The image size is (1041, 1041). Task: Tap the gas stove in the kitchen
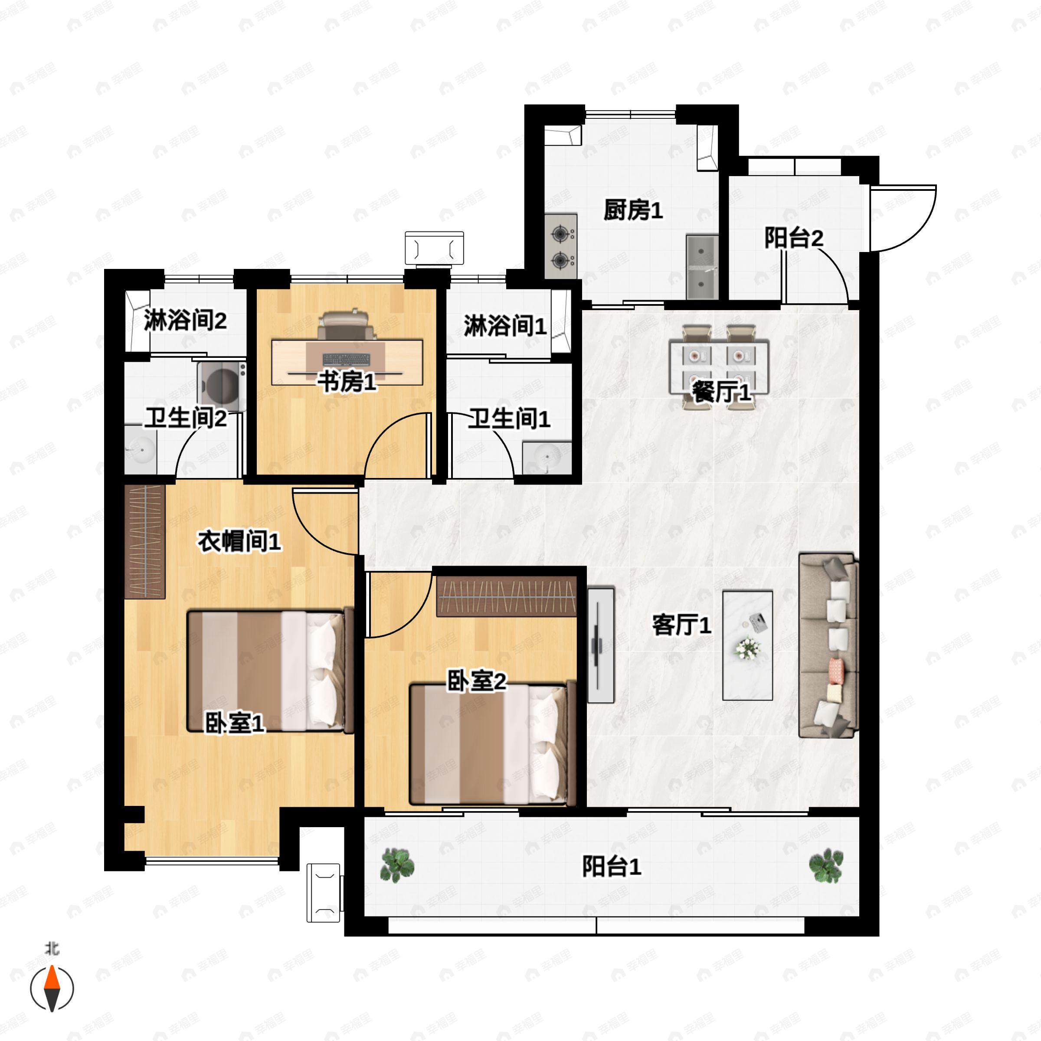click(560, 247)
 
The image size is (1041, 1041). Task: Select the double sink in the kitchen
click(702, 266)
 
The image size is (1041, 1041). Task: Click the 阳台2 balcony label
click(793, 238)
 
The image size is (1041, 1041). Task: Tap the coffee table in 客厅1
click(747, 645)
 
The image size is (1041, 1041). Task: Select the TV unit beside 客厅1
click(600, 645)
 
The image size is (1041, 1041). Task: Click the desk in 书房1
click(347, 362)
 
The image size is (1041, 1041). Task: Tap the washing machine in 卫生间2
click(222, 385)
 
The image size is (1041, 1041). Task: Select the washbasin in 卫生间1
click(547, 458)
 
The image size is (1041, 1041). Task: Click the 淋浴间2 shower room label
click(185, 321)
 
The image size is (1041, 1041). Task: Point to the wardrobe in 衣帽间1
click(144, 541)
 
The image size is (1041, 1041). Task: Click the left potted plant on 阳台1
click(397, 865)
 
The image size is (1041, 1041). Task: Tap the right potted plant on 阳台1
click(826, 865)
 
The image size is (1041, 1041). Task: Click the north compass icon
click(52, 988)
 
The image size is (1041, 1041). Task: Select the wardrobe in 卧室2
click(506, 596)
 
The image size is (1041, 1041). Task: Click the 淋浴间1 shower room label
click(505, 326)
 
